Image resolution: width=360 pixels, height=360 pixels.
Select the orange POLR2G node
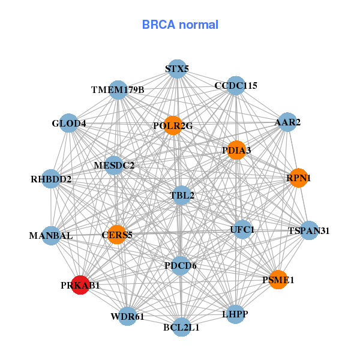coord(173,125)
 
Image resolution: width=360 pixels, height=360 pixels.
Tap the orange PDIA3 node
coord(236,149)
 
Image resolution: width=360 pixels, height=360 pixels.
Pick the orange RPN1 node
coord(298,178)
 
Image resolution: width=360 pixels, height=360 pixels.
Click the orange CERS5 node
coord(117,235)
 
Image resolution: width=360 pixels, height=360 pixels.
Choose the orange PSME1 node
coord(278,280)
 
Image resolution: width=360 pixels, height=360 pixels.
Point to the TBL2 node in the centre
coord(182,195)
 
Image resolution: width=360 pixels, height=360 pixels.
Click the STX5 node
coord(176,68)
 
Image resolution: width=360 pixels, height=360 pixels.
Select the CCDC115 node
coord(236,85)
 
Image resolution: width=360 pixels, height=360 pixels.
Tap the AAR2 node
coord(287,122)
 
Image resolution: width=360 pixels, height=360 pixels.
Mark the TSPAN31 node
coord(309,230)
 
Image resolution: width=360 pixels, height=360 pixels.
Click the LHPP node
coord(235,314)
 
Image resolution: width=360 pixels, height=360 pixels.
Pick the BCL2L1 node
coord(181,327)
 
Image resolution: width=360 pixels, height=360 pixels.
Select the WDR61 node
coord(127,316)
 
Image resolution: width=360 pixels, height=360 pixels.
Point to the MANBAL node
coord(51,235)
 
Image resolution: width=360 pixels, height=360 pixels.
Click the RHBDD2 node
coord(51,178)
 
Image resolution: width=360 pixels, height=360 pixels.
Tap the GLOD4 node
coord(69,124)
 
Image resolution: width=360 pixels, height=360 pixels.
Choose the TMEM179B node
coord(118,89)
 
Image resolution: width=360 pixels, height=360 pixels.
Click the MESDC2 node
coord(114,164)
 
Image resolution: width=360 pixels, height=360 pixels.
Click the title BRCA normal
coord(180,25)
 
